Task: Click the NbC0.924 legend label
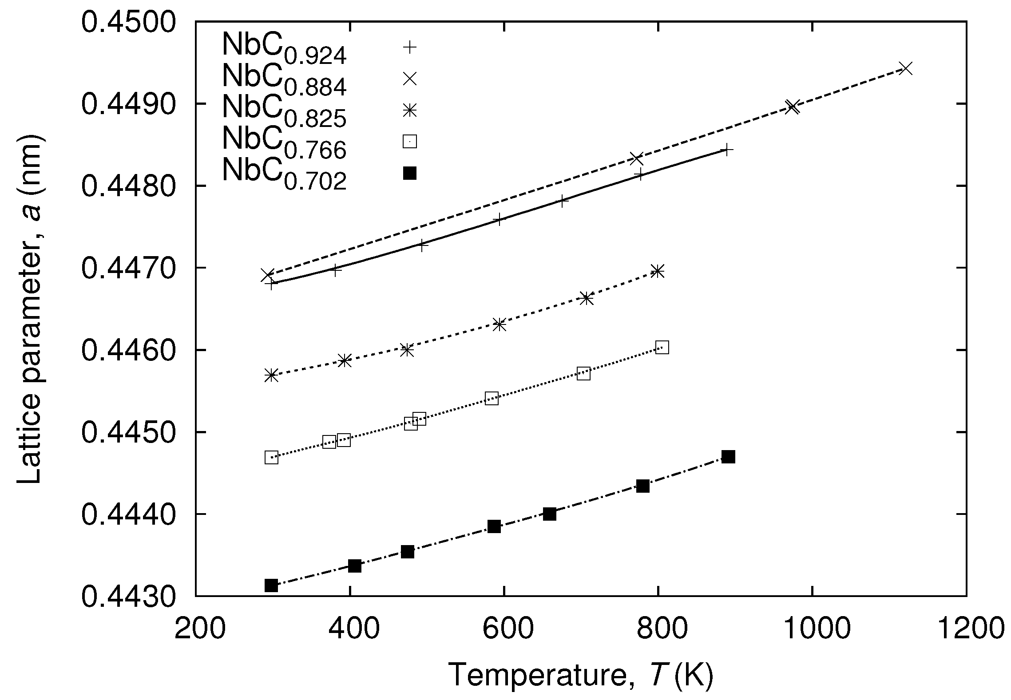pyautogui.click(x=284, y=49)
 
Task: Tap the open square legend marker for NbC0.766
pyautogui.click(x=409, y=141)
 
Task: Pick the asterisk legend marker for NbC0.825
pyautogui.click(x=409, y=110)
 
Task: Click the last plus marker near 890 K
pyautogui.click(x=726, y=150)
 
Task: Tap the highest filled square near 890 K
pyautogui.click(x=728, y=457)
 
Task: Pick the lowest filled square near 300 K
pyautogui.click(x=271, y=585)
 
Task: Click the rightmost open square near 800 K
pyautogui.click(x=662, y=348)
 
